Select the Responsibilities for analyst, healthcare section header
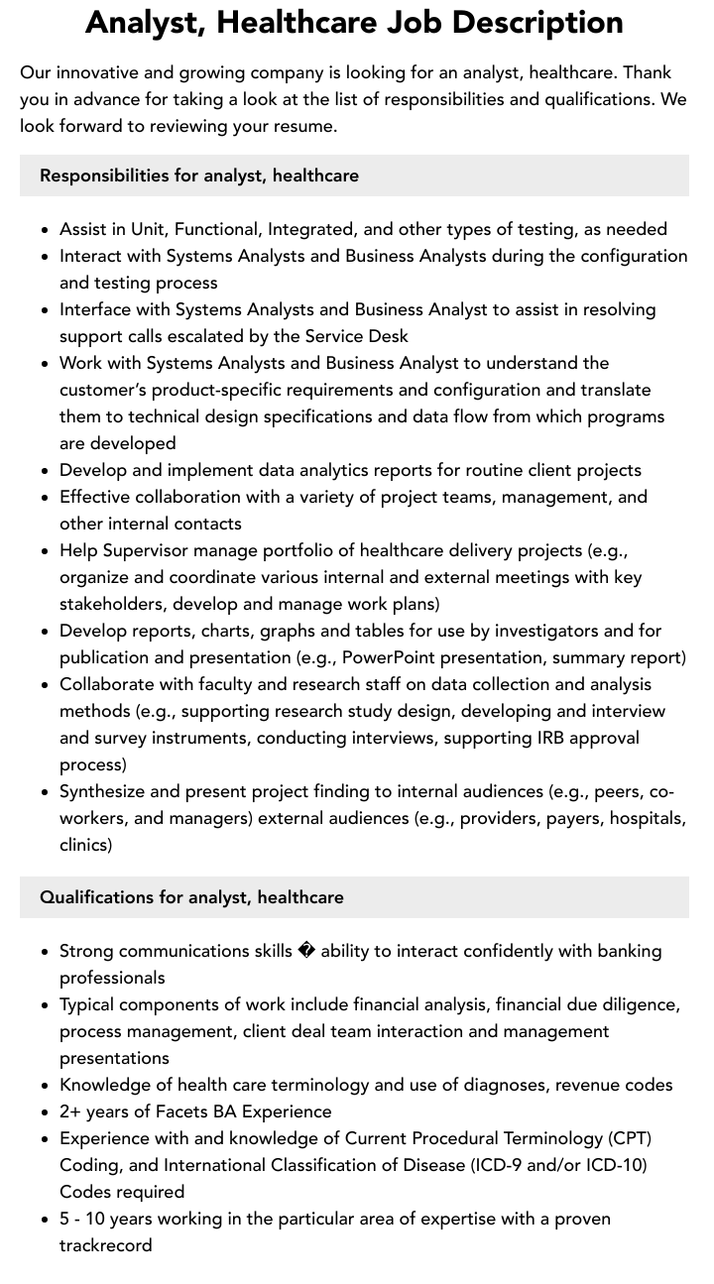click(x=199, y=175)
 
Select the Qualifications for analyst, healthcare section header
click(x=191, y=897)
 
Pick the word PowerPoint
click(x=389, y=657)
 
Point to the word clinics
click(x=85, y=845)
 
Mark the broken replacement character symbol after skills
click(x=306, y=952)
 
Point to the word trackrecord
click(x=105, y=1245)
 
